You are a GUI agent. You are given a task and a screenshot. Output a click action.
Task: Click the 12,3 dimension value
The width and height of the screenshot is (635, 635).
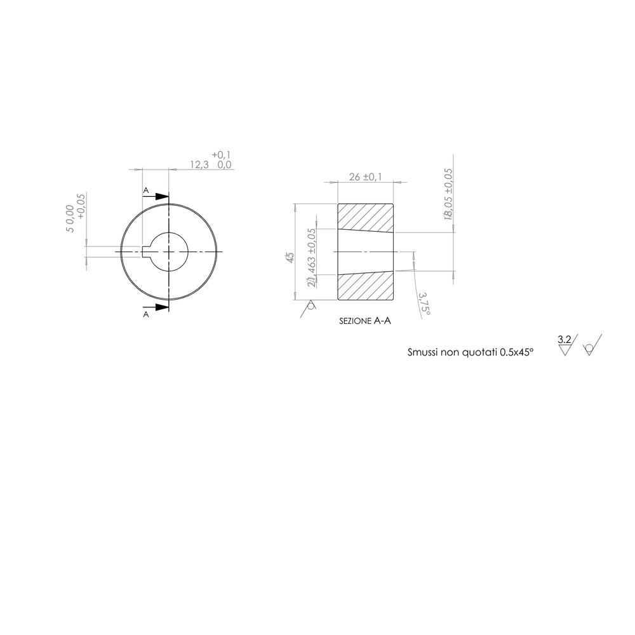(199, 164)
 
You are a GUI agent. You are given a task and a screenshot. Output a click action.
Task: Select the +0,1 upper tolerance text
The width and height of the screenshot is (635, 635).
(222, 155)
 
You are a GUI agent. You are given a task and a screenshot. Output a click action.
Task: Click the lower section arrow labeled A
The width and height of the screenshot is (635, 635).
(159, 307)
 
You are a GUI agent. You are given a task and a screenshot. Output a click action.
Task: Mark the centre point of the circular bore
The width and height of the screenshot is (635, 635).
(169, 251)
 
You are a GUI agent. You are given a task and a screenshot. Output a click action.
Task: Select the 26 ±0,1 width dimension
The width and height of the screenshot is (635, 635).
(366, 177)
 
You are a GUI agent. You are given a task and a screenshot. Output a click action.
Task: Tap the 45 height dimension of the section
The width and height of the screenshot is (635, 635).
(290, 258)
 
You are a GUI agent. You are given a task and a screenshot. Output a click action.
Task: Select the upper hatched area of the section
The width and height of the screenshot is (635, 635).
(365, 217)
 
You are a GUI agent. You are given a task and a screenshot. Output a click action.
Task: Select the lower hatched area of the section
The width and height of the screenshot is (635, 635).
(365, 286)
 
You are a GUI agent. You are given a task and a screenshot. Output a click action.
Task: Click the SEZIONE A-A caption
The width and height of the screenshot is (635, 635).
(365, 322)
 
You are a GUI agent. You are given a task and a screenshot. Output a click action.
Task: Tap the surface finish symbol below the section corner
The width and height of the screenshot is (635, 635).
(311, 305)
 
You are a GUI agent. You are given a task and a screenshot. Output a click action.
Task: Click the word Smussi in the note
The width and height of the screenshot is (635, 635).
(424, 351)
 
